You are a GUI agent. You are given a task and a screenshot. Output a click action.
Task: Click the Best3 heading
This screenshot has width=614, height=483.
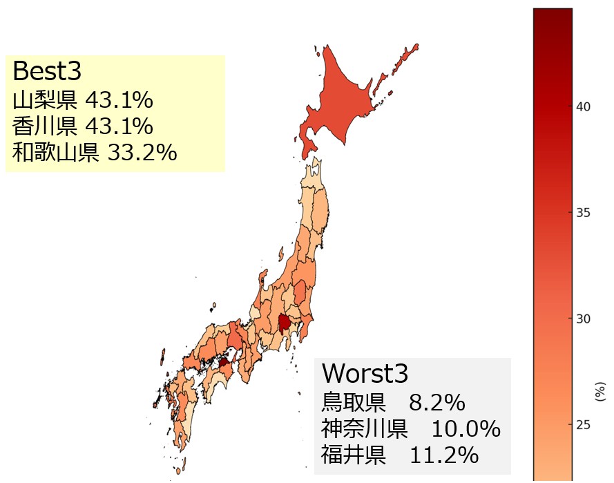(47, 71)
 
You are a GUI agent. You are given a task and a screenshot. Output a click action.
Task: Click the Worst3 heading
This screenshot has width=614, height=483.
(365, 373)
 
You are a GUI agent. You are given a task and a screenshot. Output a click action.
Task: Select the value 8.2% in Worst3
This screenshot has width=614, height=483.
(436, 402)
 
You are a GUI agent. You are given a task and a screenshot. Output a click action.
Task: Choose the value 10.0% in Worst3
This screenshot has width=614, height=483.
(466, 428)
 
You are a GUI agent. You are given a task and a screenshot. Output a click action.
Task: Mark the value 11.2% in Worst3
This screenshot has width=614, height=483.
(443, 455)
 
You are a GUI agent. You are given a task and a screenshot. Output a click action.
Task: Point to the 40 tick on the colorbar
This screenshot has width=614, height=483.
(583, 106)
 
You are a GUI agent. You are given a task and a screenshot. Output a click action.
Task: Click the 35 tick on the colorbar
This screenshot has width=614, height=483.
(583, 212)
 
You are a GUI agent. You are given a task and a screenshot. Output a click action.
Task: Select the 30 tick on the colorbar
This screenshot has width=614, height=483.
(583, 318)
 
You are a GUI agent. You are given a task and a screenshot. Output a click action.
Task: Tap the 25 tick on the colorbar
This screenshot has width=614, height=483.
(583, 424)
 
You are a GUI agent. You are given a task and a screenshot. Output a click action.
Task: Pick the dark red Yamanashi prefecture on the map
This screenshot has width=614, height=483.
(283, 322)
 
